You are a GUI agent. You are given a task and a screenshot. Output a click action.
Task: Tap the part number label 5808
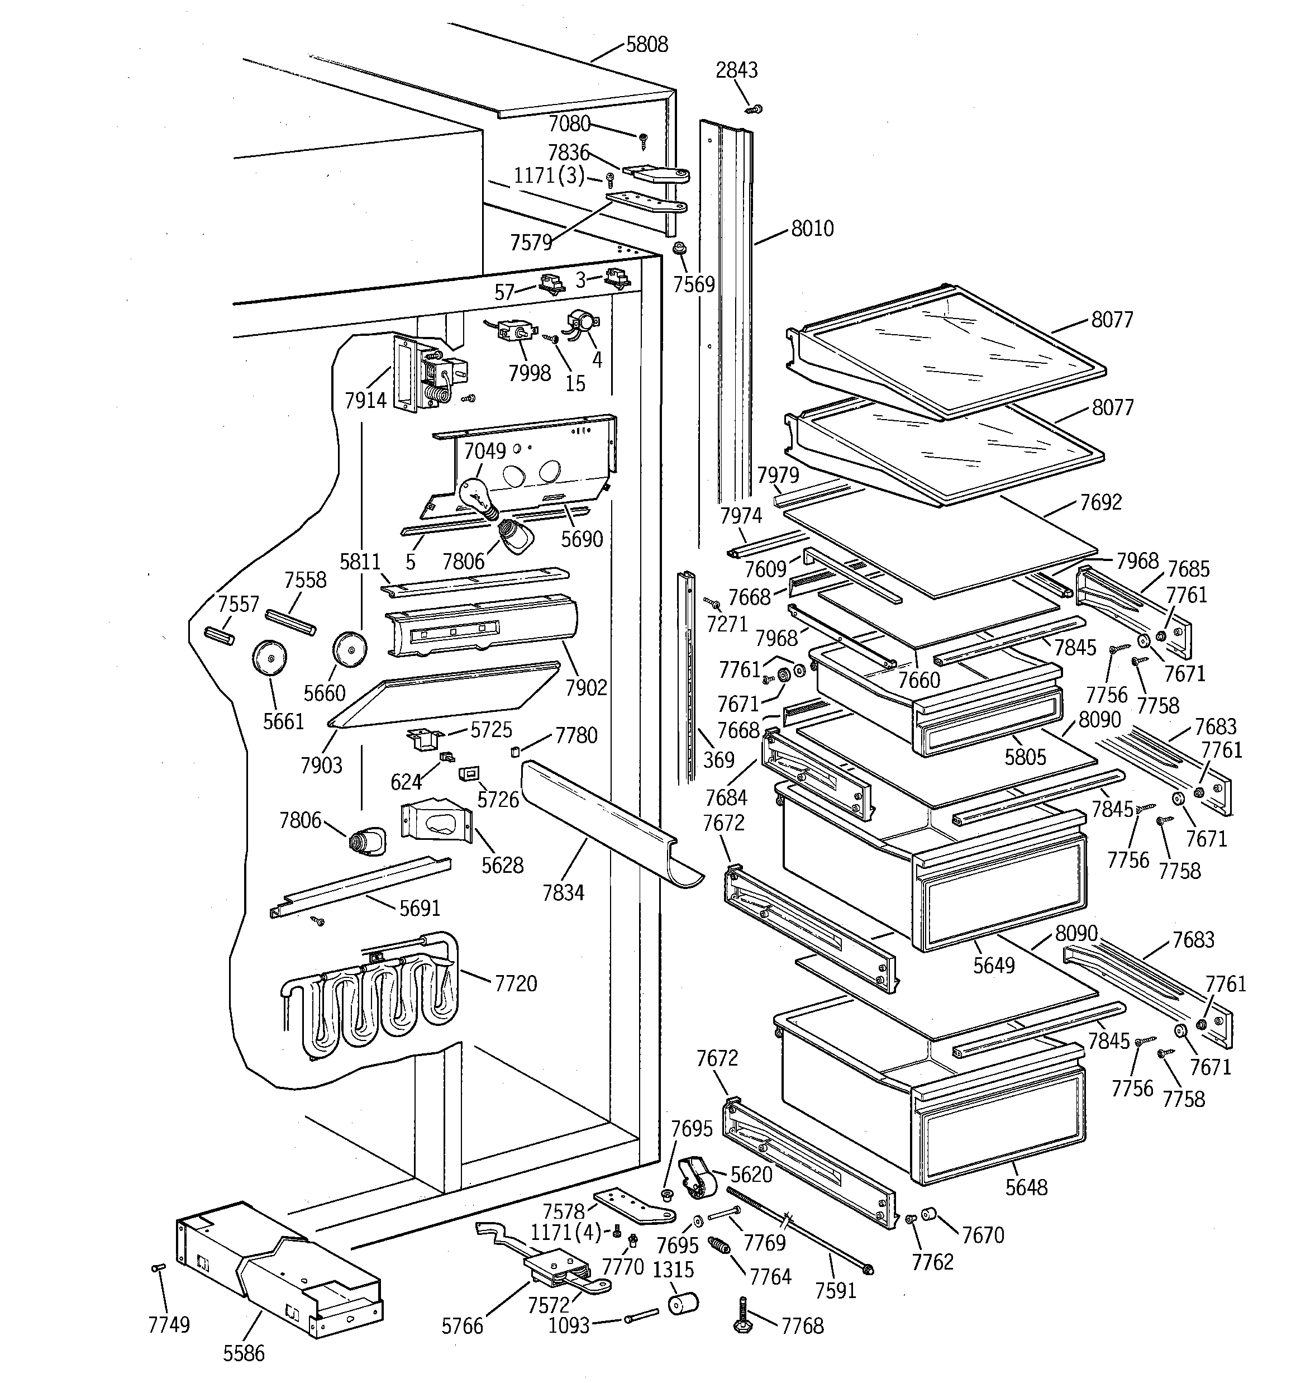(x=646, y=45)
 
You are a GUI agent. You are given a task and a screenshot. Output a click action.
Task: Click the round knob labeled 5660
(x=349, y=648)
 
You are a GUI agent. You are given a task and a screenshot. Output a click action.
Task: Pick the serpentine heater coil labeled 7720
(x=369, y=995)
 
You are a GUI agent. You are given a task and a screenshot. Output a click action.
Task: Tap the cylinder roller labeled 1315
(x=683, y=1303)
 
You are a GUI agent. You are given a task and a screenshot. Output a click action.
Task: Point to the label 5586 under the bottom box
(x=244, y=1353)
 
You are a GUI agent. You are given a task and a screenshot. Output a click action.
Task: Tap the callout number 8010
(x=812, y=228)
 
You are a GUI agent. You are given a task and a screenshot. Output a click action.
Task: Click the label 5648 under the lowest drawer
(x=1026, y=1187)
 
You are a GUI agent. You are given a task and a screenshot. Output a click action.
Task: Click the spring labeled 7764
(x=718, y=1244)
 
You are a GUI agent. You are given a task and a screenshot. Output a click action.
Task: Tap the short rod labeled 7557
(x=218, y=636)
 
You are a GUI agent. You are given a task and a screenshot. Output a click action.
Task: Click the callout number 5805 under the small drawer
(x=1025, y=757)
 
